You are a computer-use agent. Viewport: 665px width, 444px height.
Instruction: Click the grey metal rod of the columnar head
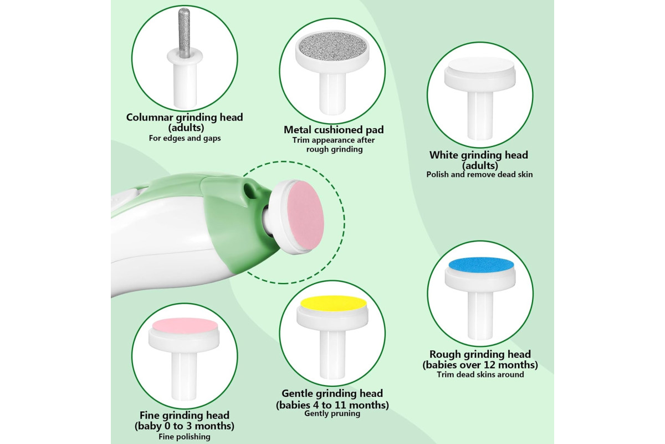click(184, 32)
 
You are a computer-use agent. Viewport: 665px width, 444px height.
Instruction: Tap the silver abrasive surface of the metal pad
click(332, 47)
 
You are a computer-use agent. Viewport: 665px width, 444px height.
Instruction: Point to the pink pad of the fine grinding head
click(185, 325)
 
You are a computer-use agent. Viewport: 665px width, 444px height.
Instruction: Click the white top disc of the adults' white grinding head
click(480, 65)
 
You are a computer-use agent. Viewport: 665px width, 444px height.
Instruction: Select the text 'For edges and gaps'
click(185, 138)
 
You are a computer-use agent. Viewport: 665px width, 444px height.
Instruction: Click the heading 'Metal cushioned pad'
click(334, 130)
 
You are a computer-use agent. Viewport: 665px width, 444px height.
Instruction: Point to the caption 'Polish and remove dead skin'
click(479, 174)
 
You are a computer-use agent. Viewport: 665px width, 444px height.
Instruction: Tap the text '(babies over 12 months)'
click(480, 365)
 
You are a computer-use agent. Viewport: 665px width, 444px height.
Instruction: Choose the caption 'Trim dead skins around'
click(480, 375)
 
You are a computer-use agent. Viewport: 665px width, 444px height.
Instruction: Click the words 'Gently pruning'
click(332, 413)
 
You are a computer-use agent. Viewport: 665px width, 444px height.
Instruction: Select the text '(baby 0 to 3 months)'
click(185, 426)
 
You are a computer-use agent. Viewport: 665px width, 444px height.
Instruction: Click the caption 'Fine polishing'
click(185, 437)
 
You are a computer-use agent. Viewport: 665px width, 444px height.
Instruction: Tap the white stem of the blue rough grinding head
click(480, 315)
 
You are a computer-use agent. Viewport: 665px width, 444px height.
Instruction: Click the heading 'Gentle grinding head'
click(332, 393)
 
